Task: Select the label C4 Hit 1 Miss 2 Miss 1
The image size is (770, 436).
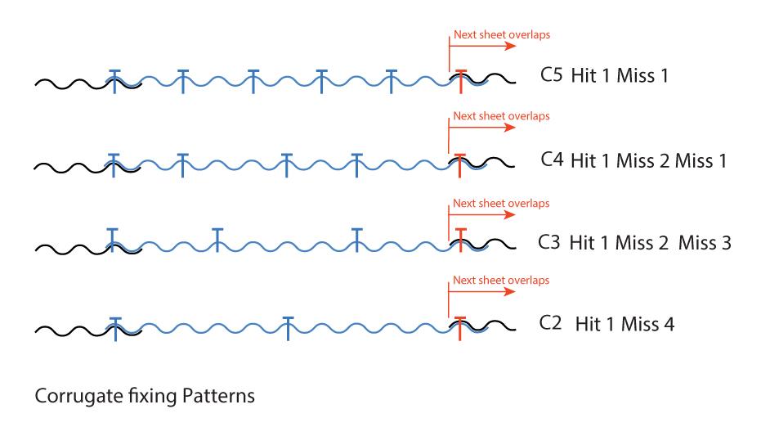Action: pyautogui.click(x=633, y=160)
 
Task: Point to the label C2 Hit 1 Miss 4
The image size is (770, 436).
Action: pyautogui.click(x=607, y=324)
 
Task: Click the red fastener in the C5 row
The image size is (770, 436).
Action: pyautogui.click(x=461, y=81)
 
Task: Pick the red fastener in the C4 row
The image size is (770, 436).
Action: pyautogui.click(x=461, y=164)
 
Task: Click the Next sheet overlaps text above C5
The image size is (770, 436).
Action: pyautogui.click(x=501, y=35)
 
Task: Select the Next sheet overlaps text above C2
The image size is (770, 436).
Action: pyautogui.click(x=501, y=280)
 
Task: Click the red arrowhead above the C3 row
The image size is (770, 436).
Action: pyautogui.click(x=510, y=215)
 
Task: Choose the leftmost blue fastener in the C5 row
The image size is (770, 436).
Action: pyautogui.click(x=114, y=81)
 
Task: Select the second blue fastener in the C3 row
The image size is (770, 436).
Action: pyautogui.click(x=217, y=240)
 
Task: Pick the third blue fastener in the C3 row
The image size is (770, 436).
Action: pyautogui.click(x=356, y=240)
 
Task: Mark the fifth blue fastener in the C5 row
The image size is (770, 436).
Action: pyautogui.click(x=392, y=81)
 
